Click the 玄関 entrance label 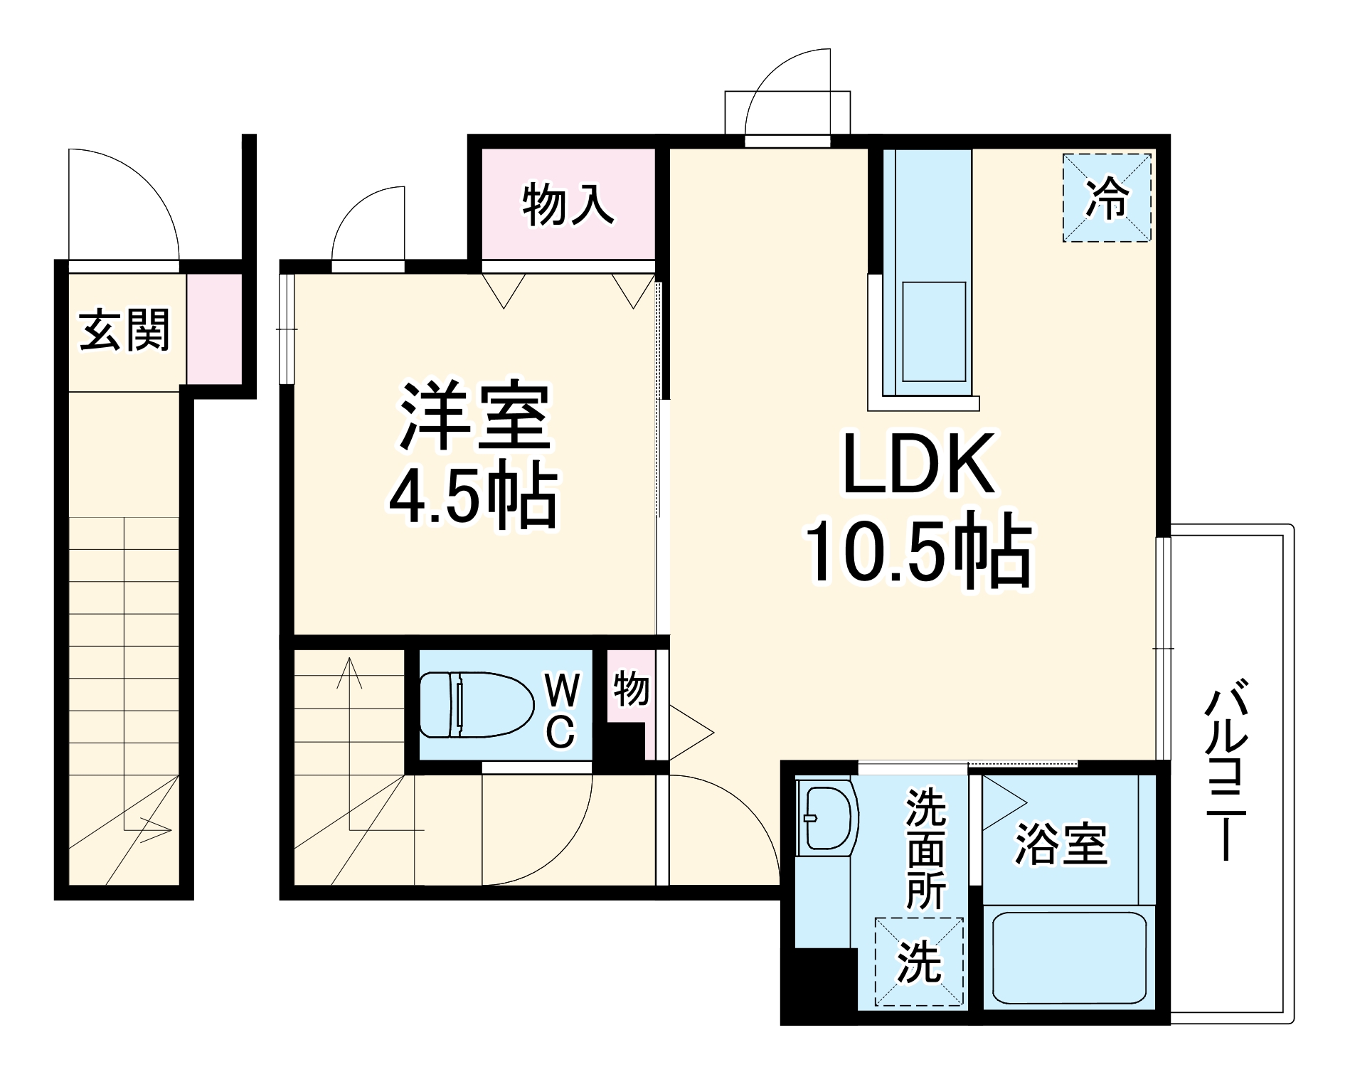pos(125,330)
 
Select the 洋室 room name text pos(474,418)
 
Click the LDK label pos(918,463)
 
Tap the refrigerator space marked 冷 pos(1107,198)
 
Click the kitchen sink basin pos(933,331)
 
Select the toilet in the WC pos(475,704)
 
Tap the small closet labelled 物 pos(630,689)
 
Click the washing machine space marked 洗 pos(919,962)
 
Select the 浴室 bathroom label pos(1061,844)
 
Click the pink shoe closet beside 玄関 pos(214,328)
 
